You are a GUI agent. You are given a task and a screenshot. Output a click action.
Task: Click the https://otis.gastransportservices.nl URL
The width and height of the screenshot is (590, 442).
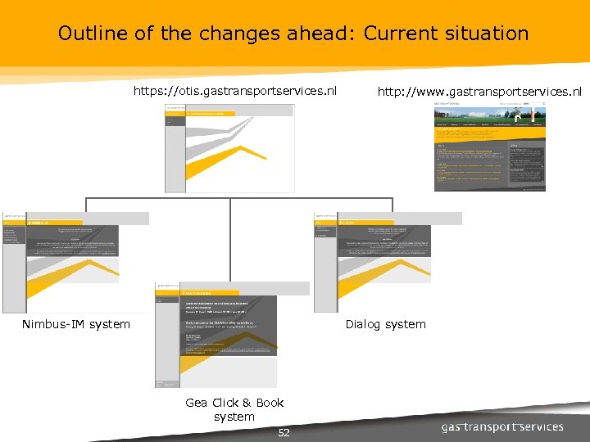[235, 91]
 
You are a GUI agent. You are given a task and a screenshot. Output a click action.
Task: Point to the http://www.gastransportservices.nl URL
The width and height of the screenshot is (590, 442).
[479, 91]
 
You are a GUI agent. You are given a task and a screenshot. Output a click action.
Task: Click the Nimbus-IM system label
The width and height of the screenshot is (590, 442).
[75, 324]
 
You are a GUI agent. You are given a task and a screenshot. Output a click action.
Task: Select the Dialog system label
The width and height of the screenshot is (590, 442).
[385, 324]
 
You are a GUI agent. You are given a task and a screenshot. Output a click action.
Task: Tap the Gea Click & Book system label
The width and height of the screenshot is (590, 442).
[234, 409]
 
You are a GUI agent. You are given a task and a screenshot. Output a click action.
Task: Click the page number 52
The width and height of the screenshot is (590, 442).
[284, 432]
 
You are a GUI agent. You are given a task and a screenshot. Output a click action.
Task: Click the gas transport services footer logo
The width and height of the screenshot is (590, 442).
[502, 426]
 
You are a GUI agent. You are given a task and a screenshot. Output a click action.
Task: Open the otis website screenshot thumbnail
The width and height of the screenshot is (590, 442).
[229, 148]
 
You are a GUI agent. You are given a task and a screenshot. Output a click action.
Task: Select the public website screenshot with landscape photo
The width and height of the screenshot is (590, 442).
[489, 147]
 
